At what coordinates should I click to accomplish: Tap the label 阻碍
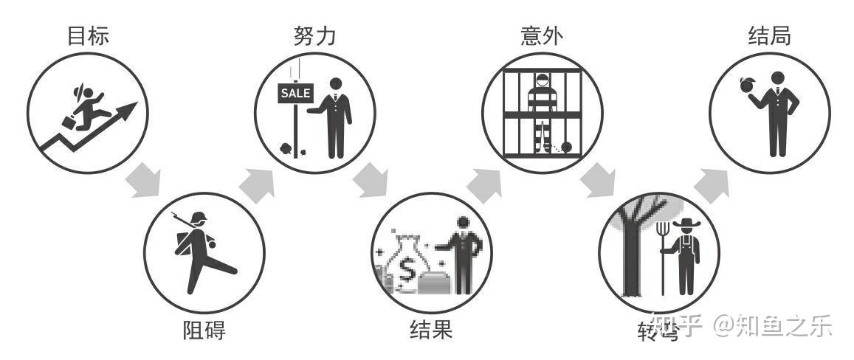204,330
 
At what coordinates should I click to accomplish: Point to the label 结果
431,329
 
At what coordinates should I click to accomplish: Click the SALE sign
295,94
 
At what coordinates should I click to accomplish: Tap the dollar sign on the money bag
407,271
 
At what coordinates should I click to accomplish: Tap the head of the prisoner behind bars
543,79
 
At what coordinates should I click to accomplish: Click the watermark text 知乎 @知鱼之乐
745,325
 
